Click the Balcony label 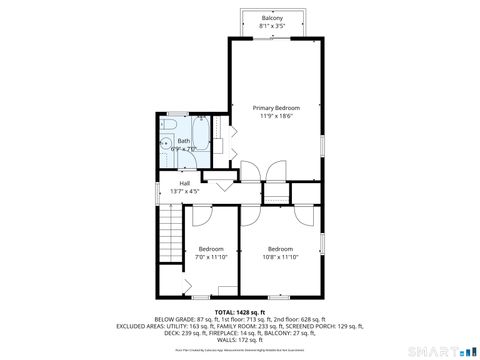click(x=271, y=18)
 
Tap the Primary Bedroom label click(x=276, y=108)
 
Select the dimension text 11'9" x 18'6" click(x=276, y=116)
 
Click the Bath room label click(x=184, y=141)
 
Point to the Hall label click(x=185, y=183)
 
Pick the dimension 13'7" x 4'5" click(x=185, y=191)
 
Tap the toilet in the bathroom click(x=169, y=127)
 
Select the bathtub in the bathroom click(x=204, y=142)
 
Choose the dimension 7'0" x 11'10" click(x=211, y=257)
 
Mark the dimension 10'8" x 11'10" click(x=280, y=257)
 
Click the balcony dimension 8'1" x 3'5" click(x=271, y=26)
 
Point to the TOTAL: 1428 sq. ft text click(x=239, y=312)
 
